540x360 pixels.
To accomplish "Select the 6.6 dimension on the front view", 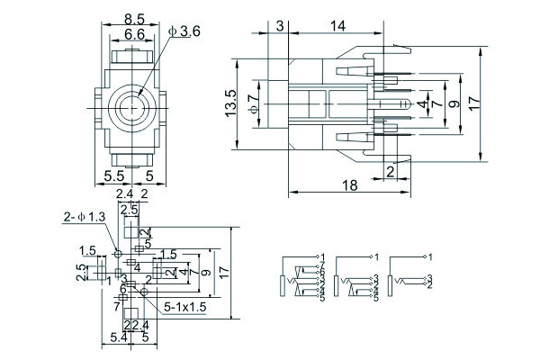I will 136,33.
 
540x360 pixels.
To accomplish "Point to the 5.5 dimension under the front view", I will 115,175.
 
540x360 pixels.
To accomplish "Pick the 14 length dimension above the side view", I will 338,28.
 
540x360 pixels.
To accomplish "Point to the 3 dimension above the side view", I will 280,28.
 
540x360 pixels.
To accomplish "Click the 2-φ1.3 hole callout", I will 84,216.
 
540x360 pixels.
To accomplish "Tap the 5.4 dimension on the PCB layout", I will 117,337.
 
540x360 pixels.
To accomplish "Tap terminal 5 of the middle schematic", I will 375,297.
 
